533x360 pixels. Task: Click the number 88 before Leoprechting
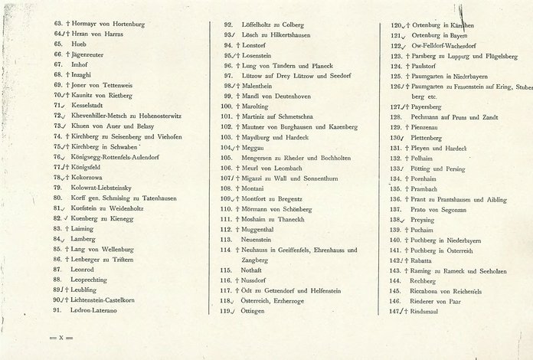coord(58,280)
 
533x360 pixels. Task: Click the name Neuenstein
coord(260,239)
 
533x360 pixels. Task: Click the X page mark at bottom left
coord(60,338)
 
